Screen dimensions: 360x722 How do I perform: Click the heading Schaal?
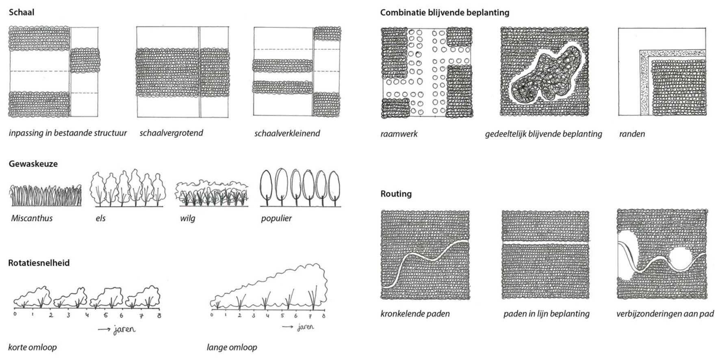coord(22,12)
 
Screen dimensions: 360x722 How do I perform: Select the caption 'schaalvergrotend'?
coord(171,133)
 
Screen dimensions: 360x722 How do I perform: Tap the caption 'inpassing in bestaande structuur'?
coord(68,133)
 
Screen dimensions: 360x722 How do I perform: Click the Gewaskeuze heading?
coord(33,164)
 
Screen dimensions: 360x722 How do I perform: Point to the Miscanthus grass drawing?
coord(46,195)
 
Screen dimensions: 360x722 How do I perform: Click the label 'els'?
coord(100,218)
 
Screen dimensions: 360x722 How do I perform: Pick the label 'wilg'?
coord(188,218)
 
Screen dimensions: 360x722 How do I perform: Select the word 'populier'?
coord(276,218)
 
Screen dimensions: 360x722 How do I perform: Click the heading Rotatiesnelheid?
coord(39,263)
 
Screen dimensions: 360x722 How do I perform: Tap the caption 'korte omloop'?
coord(33,347)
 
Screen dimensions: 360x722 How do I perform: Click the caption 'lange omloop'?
coord(232,347)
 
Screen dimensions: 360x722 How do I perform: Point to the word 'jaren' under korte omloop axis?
coord(124,329)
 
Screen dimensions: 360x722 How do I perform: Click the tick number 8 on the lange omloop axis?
coord(323,316)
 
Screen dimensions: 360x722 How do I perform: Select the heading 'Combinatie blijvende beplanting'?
coord(444,13)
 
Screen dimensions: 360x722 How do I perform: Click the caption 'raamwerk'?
coord(399,134)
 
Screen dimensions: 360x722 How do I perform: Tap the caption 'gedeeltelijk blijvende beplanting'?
coord(543,134)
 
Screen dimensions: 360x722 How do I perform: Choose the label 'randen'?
coord(632,134)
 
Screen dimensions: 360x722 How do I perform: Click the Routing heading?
coord(396,194)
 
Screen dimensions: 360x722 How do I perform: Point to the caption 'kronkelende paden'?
coord(415,314)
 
